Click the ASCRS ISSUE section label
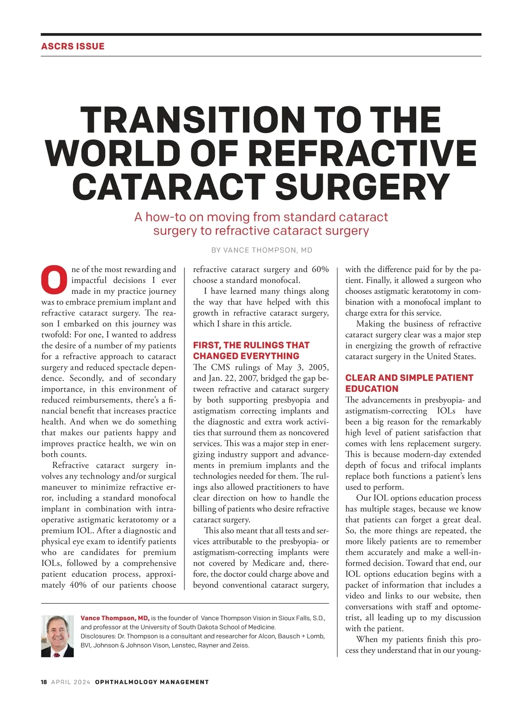[73, 46]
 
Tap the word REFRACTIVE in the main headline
[364, 153]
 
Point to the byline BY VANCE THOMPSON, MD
[261, 250]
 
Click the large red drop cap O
[54, 280]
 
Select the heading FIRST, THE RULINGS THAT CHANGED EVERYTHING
[251, 350]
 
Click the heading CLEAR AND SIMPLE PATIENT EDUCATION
[409, 383]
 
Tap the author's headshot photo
[57, 636]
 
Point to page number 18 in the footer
[44, 682]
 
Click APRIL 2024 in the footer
[71, 682]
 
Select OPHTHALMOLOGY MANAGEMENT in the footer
[152, 682]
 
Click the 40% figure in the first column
[78, 585]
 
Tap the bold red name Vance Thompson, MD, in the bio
[115, 618]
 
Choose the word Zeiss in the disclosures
[241, 646]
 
